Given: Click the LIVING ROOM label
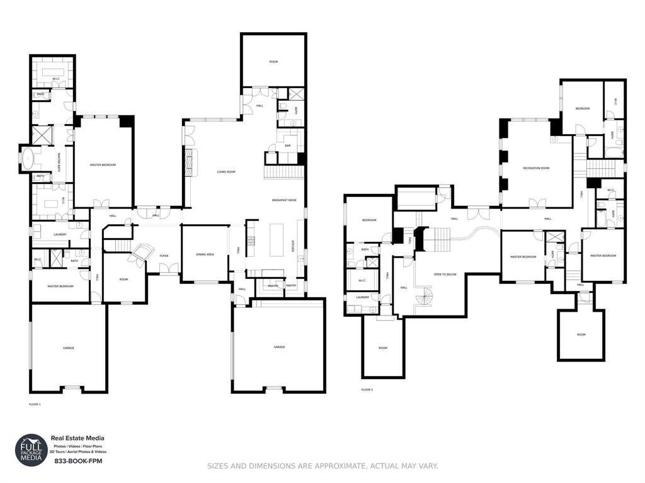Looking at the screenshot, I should click(x=226, y=171).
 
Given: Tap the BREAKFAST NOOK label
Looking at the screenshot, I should click(x=284, y=200).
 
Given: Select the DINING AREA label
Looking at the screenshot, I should click(x=205, y=254).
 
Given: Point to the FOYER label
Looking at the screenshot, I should click(x=164, y=256).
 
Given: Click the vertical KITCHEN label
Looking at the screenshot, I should click(x=292, y=246).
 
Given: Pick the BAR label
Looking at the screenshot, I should click(x=287, y=145).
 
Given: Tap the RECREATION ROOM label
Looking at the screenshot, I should click(x=536, y=168).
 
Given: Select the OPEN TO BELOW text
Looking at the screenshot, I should click(x=445, y=275).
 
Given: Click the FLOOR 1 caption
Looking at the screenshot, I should click(x=35, y=404).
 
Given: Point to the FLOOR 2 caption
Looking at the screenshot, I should click(x=367, y=390).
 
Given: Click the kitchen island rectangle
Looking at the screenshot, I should click(x=277, y=240).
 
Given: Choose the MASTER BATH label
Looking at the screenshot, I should click(x=59, y=158).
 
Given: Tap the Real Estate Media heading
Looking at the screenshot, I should click(x=77, y=438).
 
